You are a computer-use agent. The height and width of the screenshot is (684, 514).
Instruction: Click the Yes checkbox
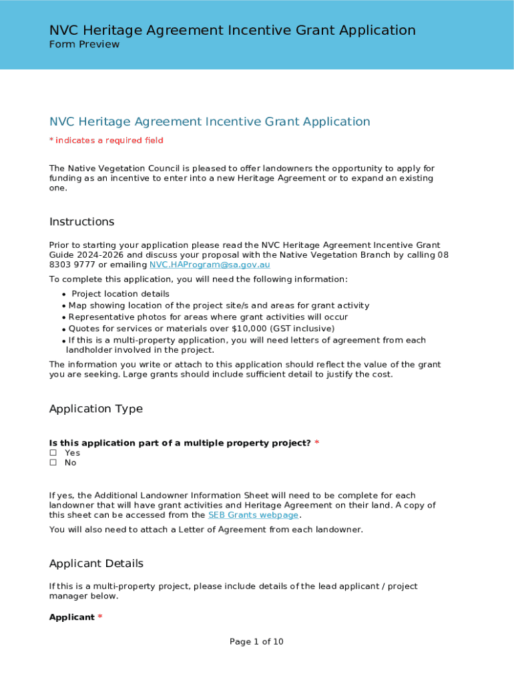point(53,453)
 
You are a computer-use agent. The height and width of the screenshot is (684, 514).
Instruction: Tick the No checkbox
point(53,463)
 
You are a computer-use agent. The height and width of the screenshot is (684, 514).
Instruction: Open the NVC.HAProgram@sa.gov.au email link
point(209,265)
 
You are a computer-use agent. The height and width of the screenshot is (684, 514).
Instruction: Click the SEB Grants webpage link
point(254,515)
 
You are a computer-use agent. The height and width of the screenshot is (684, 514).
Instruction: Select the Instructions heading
point(81,222)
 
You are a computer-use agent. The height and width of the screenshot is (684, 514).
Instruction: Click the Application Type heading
point(95,409)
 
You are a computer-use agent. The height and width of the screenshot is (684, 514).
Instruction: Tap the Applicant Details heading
point(96,564)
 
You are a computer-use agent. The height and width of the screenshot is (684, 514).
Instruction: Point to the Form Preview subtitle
point(84,45)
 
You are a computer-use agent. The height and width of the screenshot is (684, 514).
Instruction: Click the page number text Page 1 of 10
point(256,642)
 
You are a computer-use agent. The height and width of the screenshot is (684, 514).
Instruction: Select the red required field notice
point(106,140)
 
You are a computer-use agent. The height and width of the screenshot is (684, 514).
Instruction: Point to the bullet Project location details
point(120,294)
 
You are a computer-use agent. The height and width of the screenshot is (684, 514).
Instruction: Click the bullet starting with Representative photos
point(208,317)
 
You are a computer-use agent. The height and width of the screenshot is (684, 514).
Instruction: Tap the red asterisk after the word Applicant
point(100,617)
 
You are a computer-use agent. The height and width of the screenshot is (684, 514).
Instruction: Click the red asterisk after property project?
point(316,443)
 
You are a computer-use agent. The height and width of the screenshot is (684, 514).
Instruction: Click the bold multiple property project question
point(180,443)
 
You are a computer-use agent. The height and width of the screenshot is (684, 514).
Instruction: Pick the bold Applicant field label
point(71,617)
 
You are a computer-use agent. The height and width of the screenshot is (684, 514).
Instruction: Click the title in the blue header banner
point(232,30)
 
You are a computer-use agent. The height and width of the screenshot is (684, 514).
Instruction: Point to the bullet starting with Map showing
point(218,305)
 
